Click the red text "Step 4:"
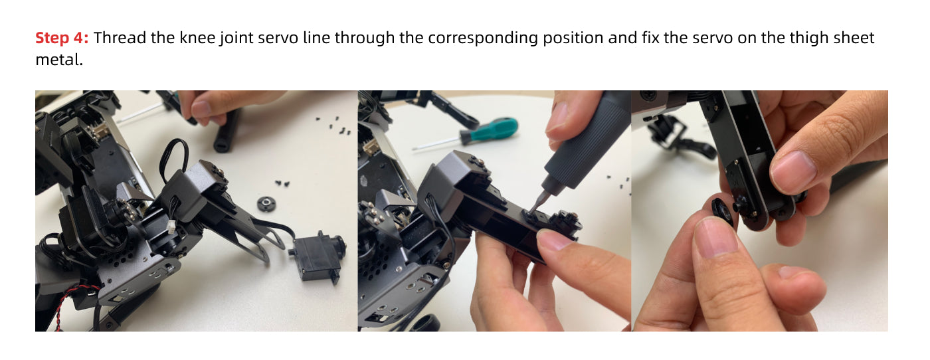(62, 38)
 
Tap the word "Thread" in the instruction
(120, 38)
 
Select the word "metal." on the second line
(59, 60)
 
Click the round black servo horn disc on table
(266, 204)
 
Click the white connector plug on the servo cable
(170, 226)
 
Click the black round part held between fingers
(723, 211)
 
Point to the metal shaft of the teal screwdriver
(436, 142)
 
